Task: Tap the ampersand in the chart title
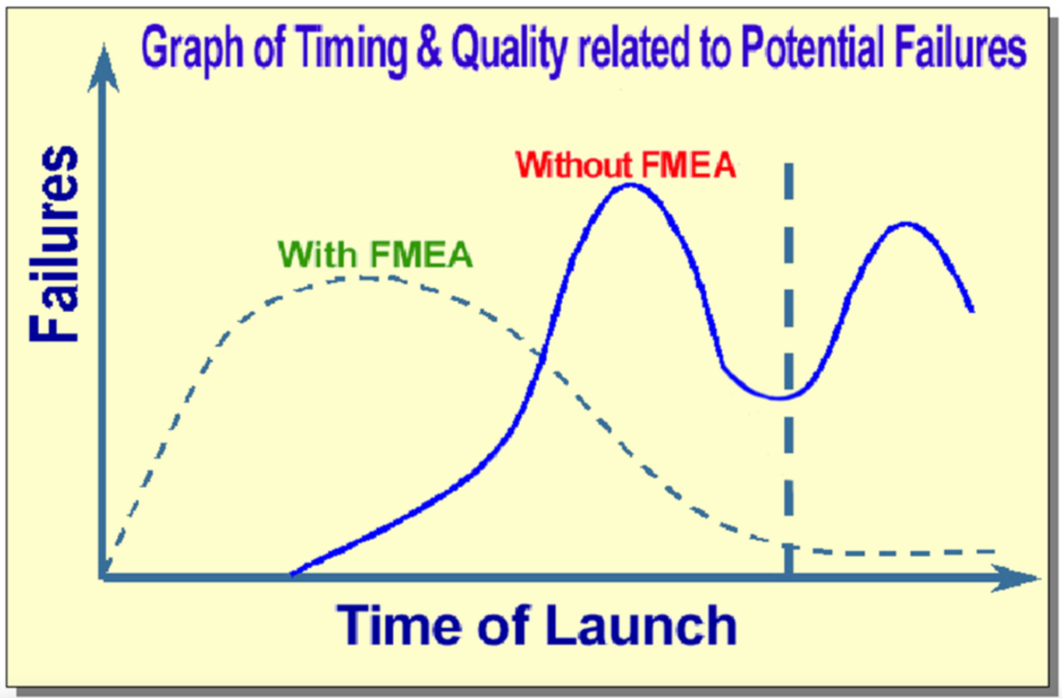coord(429,46)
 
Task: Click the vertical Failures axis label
coord(53,244)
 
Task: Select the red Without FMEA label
coord(626,165)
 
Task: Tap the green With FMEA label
coord(375,255)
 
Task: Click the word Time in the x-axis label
coord(399,625)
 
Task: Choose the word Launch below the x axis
coord(641,625)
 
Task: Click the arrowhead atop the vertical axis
coord(104,66)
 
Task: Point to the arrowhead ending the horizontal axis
coord(1015,578)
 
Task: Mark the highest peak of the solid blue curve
coord(630,185)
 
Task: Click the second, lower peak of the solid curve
coord(905,223)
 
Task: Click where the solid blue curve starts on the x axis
coord(292,574)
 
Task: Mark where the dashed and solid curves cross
coord(542,357)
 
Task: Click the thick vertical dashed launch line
coord(789,370)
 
